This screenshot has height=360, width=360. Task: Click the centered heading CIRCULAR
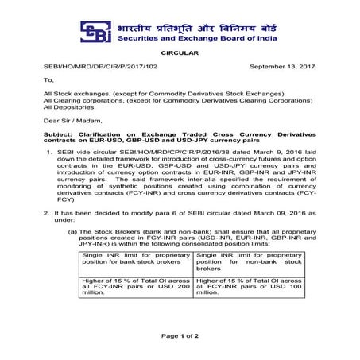pyautogui.click(x=180, y=54)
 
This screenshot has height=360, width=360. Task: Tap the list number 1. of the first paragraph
pyautogui.click(x=50, y=153)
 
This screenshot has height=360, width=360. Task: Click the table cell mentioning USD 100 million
pyautogui.click(x=249, y=287)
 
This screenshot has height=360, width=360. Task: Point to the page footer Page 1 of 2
pyautogui.click(x=180, y=337)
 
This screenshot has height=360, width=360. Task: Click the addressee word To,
pyautogui.click(x=48, y=80)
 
